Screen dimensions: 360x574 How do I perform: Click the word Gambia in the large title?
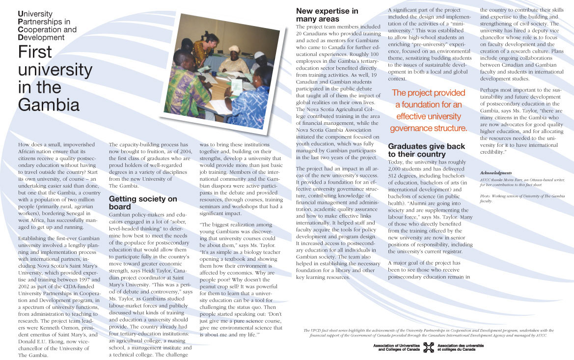pyautogui.click(x=49, y=105)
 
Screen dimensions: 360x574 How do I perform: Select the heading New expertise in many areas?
pyautogui.click(x=327, y=15)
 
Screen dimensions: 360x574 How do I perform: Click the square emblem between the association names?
pyautogui.click(x=429, y=347)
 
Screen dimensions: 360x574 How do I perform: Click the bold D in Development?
pyautogui.click(x=20, y=37)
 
